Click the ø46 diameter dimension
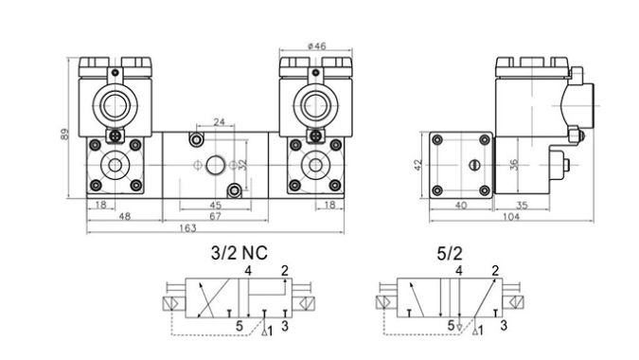point(316,46)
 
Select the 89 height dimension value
point(64,135)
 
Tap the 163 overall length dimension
point(187,228)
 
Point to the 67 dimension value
point(215,216)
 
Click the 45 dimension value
point(215,205)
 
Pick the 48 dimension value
point(125,216)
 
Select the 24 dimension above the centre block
point(219,122)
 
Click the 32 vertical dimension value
point(242,165)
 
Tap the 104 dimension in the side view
point(511,217)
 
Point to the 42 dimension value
point(417,165)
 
